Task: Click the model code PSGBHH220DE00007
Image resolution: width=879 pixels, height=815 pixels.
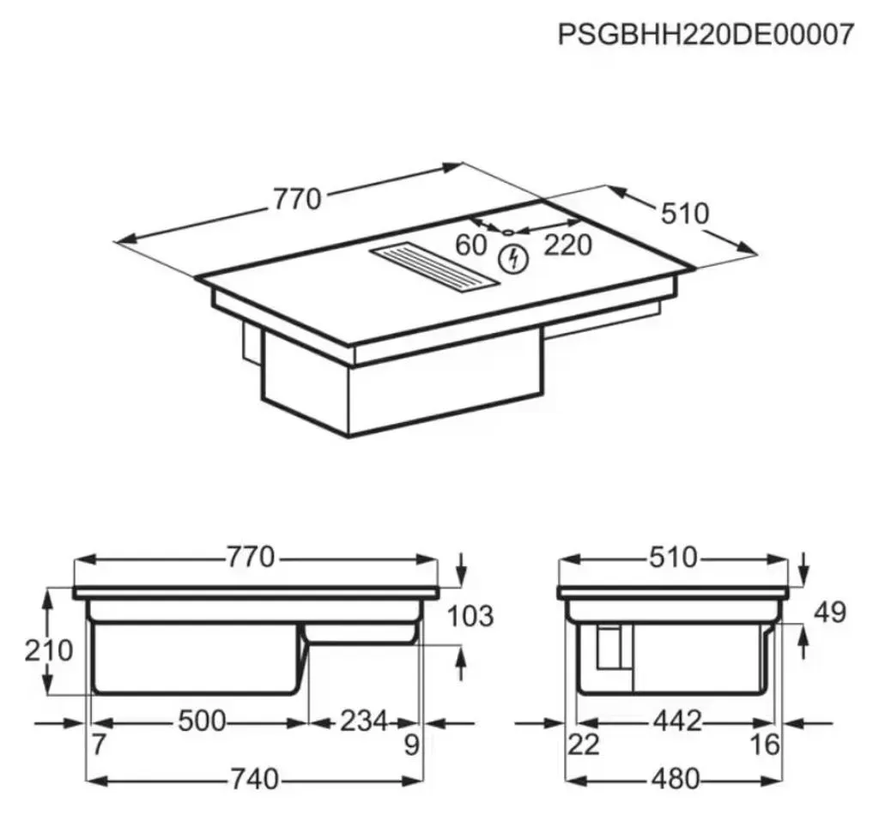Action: coord(706,34)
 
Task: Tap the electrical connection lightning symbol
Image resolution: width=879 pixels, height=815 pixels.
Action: coord(513,259)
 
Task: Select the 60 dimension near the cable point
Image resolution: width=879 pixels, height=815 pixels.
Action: coord(471,244)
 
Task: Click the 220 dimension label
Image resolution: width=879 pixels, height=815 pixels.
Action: coord(568,244)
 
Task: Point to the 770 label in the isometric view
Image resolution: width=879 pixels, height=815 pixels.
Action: coord(297,199)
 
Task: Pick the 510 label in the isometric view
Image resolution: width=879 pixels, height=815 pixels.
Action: coord(685,214)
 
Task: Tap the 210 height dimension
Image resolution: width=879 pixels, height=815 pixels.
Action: coord(49,650)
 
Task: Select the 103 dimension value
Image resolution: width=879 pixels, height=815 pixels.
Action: coord(470,616)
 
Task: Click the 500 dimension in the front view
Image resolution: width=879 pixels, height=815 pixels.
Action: coord(202,721)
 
